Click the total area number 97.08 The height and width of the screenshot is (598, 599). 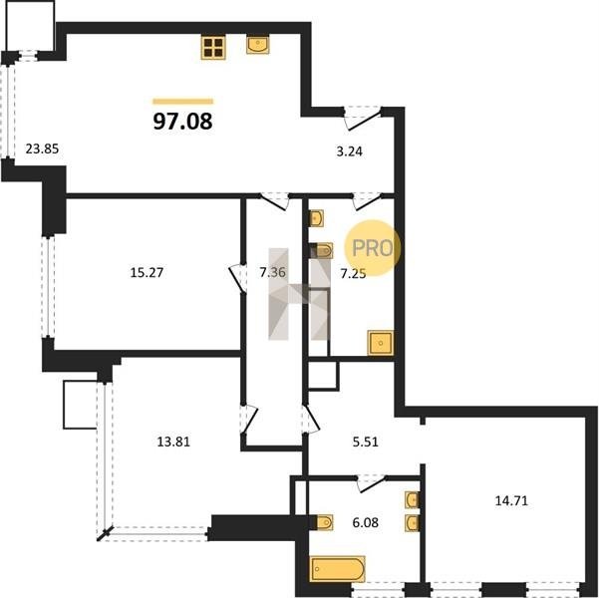click(182, 122)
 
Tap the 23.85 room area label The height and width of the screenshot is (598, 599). click(42, 149)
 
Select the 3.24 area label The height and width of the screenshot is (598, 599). click(349, 151)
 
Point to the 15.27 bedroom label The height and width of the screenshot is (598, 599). click(147, 272)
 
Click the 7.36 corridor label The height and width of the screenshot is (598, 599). click(272, 272)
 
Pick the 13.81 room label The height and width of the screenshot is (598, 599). click(173, 442)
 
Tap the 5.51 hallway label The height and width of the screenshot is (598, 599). click(366, 442)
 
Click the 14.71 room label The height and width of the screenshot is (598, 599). click(511, 500)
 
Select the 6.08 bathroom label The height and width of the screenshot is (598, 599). click(366, 522)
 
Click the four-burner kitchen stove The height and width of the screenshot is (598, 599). click(213, 48)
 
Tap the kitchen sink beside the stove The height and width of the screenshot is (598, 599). click(258, 45)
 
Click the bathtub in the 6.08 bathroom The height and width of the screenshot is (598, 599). click(338, 568)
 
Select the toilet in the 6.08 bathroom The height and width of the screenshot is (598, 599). click(324, 522)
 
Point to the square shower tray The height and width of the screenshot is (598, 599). click(380, 343)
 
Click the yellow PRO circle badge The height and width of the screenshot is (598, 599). click(373, 247)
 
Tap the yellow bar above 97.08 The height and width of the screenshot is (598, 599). click(183, 102)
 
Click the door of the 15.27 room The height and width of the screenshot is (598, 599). click(237, 278)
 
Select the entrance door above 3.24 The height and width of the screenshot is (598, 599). click(362, 118)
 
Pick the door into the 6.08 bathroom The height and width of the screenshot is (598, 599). click(372, 483)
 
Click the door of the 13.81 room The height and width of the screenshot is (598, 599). click(249, 419)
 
